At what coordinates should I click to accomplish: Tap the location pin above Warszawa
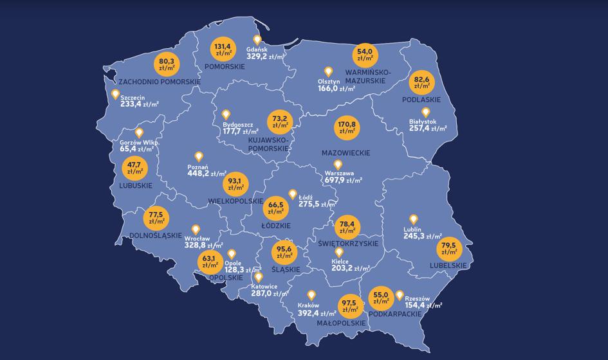pos(338,165)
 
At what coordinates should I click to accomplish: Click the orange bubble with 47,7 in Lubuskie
pos(135,168)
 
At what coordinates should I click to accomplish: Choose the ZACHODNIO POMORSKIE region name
pos(160,82)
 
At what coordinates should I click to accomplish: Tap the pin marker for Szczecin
pos(115,94)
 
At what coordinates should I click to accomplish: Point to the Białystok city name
pos(423,122)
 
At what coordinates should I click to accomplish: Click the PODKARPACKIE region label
pos(394,314)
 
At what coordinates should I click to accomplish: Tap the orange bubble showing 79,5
pos(450,248)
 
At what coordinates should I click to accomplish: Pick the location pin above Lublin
pos(414,220)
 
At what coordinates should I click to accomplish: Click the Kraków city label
pos(309,306)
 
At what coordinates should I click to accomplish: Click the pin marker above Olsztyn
pos(328,72)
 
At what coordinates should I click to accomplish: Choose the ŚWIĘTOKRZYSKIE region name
pos(348,244)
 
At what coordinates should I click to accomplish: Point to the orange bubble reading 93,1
pos(235,184)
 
